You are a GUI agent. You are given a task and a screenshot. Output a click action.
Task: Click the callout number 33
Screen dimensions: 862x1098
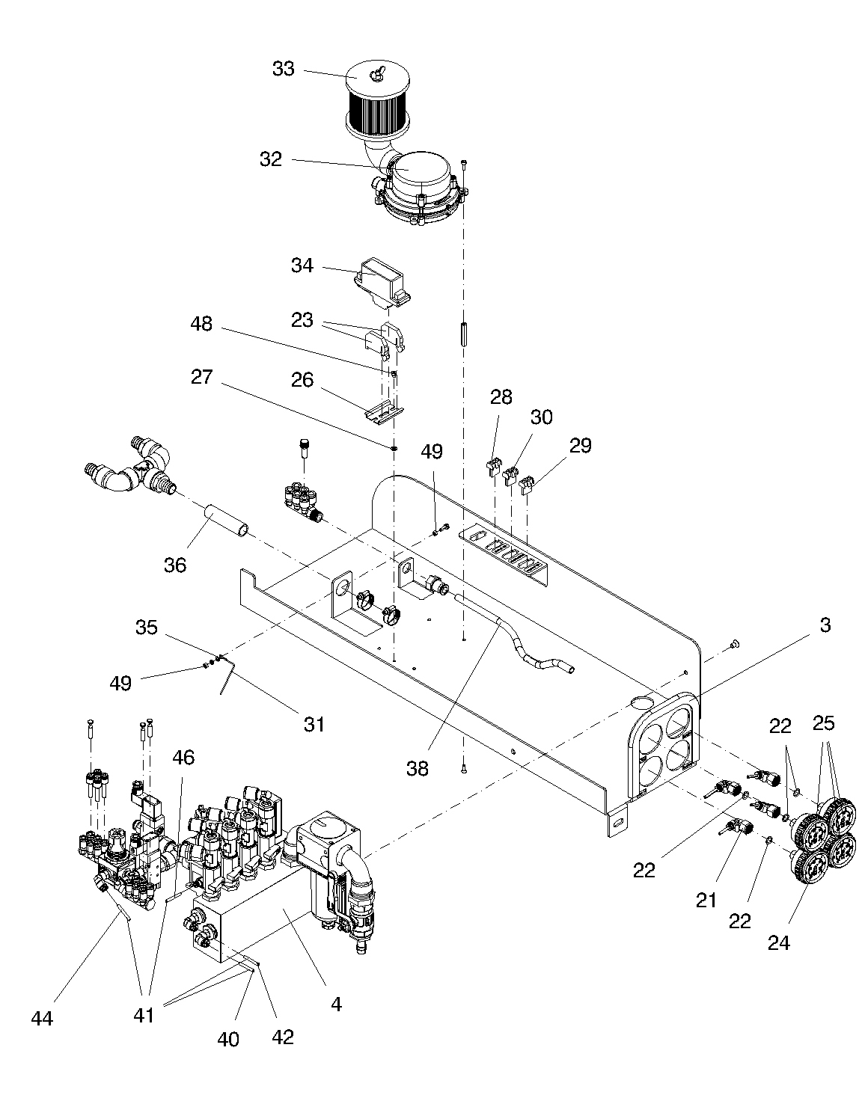pyautogui.click(x=283, y=69)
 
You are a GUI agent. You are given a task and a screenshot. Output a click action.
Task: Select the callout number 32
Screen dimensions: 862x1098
pyautogui.click(x=270, y=159)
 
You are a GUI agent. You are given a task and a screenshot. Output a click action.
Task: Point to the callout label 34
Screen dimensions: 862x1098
pyautogui.click(x=302, y=266)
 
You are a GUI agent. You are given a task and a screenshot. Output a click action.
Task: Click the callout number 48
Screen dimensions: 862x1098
pyautogui.click(x=201, y=324)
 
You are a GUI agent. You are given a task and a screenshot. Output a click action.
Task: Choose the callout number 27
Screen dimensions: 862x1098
pyautogui.click(x=201, y=377)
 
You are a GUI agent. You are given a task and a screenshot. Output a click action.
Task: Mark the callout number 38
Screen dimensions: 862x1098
pyautogui.click(x=418, y=769)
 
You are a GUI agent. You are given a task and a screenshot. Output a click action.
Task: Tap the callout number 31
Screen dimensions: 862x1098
pyautogui.click(x=314, y=725)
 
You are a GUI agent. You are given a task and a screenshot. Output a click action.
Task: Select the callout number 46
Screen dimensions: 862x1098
pyautogui.click(x=183, y=758)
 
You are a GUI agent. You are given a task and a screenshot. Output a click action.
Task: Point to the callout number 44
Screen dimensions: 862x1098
pyautogui.click(x=42, y=1019)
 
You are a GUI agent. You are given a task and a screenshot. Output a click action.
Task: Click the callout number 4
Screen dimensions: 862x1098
pyautogui.click(x=336, y=1004)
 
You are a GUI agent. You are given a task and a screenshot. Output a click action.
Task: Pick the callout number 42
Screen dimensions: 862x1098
pyautogui.click(x=282, y=1037)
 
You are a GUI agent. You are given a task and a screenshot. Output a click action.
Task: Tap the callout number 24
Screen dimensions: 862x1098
pyautogui.click(x=779, y=942)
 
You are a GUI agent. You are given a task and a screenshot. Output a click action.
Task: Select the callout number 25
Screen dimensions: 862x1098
pyautogui.click(x=824, y=723)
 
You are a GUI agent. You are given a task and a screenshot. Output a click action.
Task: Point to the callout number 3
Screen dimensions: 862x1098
pyautogui.click(x=825, y=625)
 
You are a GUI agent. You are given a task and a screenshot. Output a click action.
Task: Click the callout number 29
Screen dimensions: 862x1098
pyautogui.click(x=580, y=446)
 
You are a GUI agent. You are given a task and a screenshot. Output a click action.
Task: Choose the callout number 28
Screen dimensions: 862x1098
pyautogui.click(x=501, y=397)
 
